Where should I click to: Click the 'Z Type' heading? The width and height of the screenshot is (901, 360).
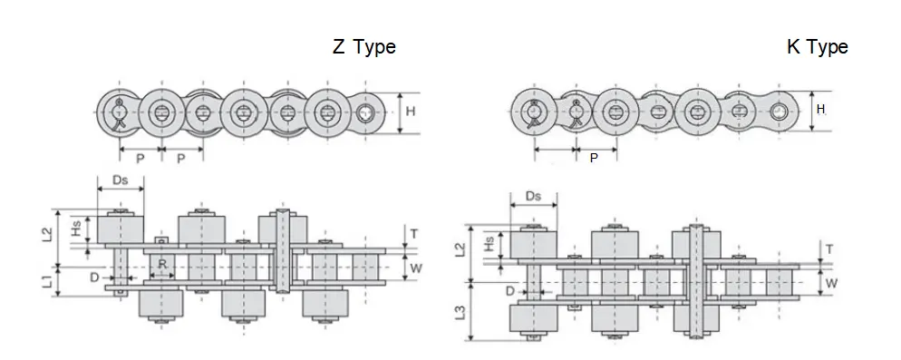(363, 47)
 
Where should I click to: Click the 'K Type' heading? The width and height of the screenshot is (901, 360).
(817, 47)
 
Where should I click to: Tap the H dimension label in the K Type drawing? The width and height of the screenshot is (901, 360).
(820, 109)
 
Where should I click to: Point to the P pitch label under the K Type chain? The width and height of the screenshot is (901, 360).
(594, 157)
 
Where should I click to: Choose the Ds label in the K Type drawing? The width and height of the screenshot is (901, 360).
(534, 196)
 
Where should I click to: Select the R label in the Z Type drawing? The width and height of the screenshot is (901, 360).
(162, 265)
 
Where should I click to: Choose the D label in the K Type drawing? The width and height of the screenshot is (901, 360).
(511, 290)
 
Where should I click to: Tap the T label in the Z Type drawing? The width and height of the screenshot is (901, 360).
(414, 233)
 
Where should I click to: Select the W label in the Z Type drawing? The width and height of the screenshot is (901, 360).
(414, 268)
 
